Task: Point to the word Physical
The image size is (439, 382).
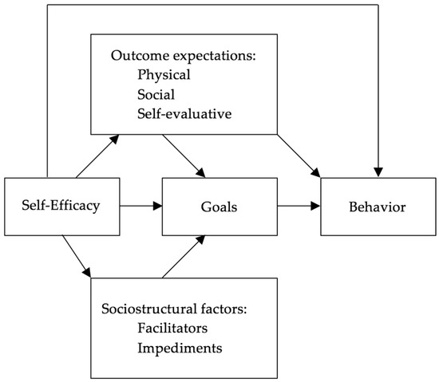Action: (x=163, y=76)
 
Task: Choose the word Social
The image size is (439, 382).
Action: (x=156, y=95)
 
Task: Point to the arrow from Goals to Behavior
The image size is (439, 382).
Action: (x=299, y=206)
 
